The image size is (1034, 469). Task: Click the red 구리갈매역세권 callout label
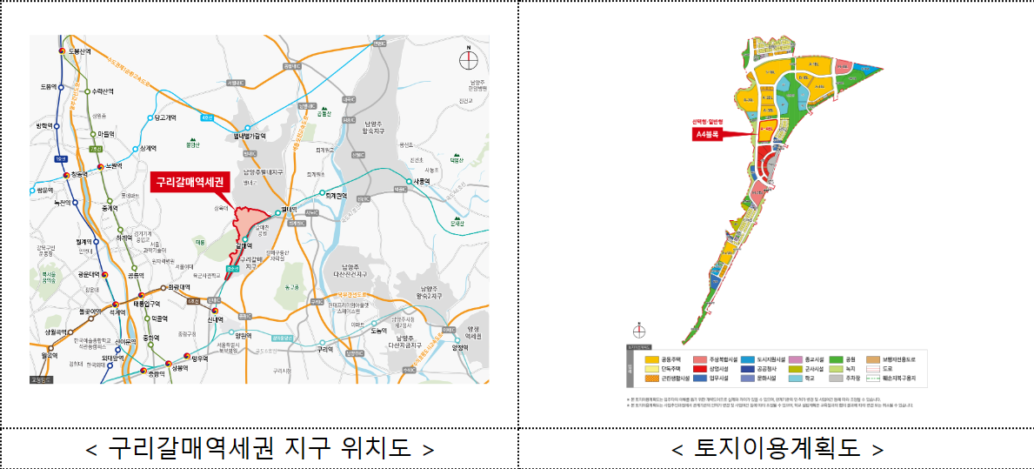click(x=190, y=183)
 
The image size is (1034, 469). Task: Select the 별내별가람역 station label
click(x=249, y=137)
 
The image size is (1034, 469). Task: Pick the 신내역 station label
click(x=217, y=319)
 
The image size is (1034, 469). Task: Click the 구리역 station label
click(x=325, y=349)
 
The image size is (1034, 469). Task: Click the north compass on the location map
click(x=469, y=59)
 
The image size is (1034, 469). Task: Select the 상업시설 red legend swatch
click(x=699, y=369)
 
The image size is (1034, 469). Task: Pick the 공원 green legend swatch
click(x=837, y=358)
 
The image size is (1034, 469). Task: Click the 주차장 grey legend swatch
click(x=837, y=379)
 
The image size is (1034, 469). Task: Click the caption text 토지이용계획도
click(x=777, y=449)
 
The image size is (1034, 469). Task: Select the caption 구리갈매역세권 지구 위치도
click(x=259, y=449)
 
